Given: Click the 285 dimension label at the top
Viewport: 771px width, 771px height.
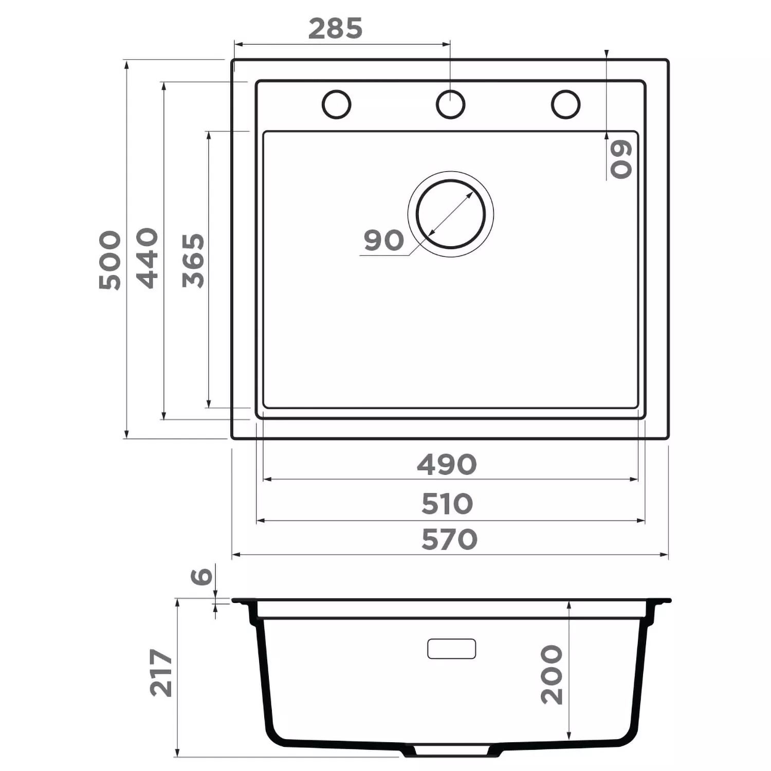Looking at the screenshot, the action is point(335,29).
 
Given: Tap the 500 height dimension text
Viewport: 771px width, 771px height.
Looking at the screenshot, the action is point(110,260).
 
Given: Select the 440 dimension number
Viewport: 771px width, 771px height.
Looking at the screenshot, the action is point(147,258).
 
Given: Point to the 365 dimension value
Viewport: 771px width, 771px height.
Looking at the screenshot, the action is point(193,261).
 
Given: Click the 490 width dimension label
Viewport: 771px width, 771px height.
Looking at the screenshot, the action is point(447,465).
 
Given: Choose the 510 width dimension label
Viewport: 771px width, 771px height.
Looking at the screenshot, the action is point(447,504).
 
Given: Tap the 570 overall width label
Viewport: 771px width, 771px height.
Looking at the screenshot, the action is point(449,540).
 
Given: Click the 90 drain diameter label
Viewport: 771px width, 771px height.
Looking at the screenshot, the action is point(384,241).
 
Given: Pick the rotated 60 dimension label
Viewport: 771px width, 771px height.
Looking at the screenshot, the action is point(621,159).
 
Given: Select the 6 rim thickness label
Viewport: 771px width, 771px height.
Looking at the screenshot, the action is point(201,576).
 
